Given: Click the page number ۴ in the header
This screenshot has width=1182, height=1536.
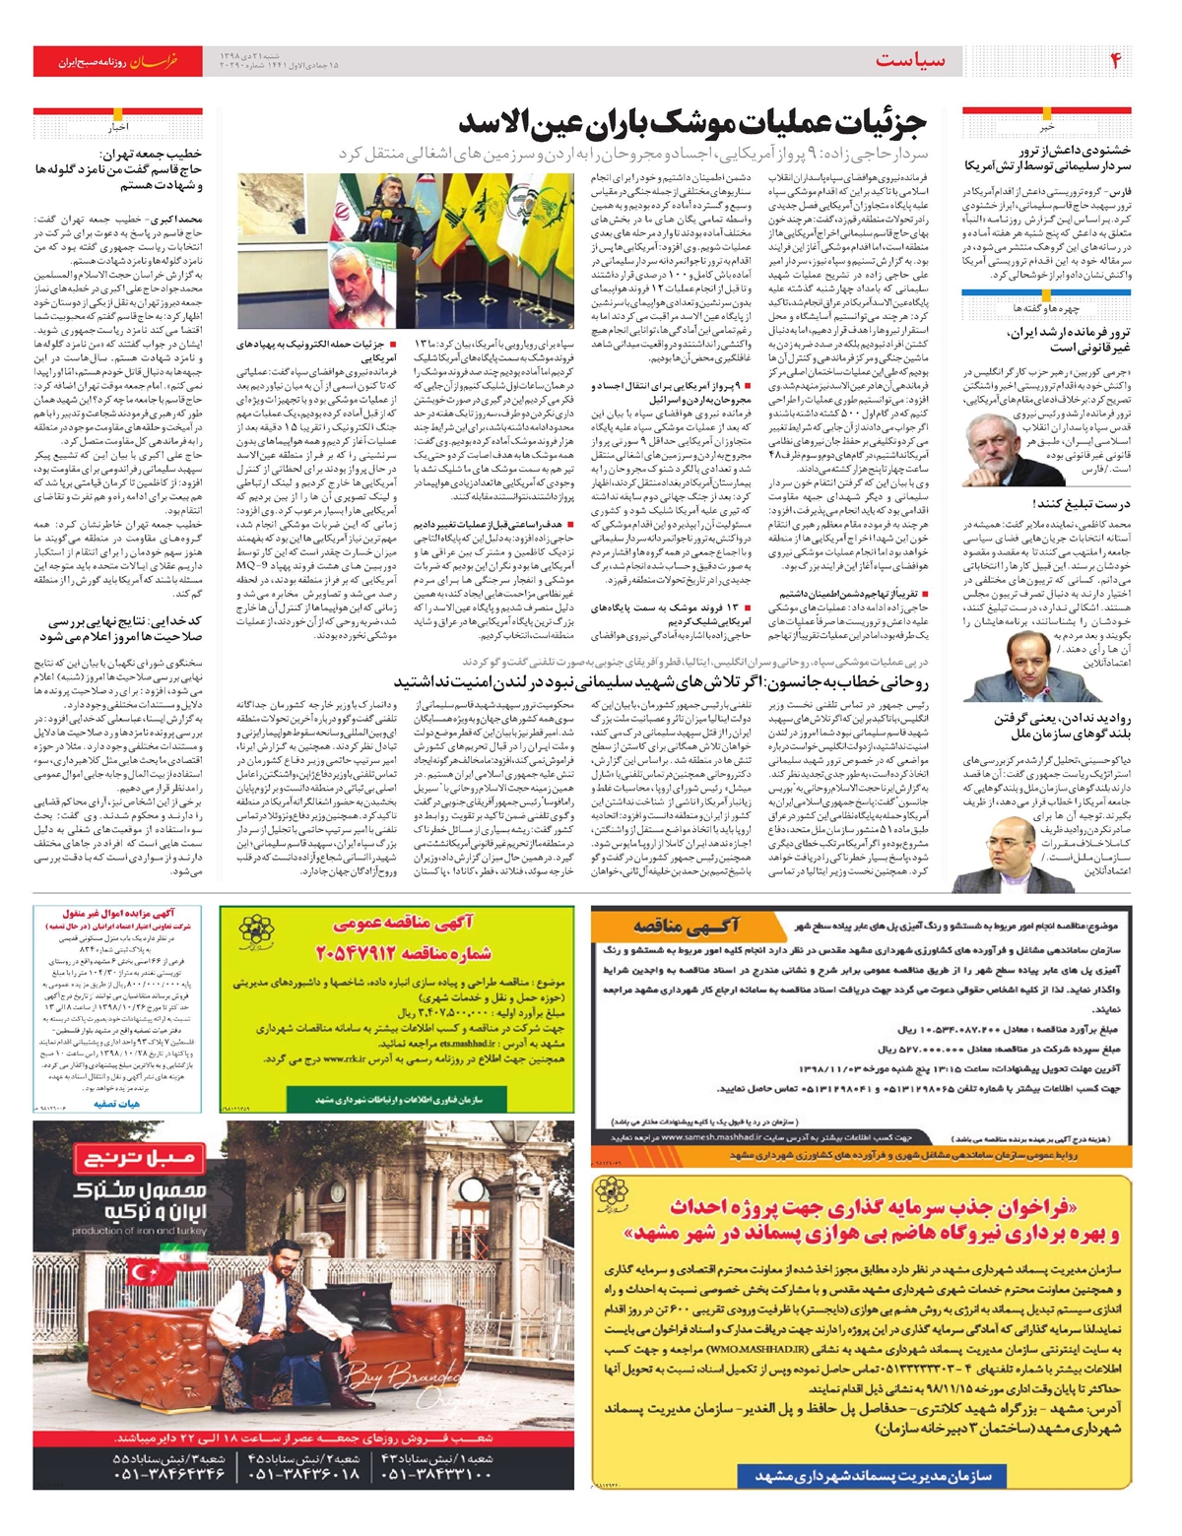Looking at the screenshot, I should [1115, 61].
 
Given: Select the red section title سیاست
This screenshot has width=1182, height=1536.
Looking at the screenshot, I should [909, 61].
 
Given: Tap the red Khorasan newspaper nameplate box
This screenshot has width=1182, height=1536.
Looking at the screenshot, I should [118, 61].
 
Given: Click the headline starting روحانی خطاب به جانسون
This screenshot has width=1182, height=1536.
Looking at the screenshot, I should [660, 681].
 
